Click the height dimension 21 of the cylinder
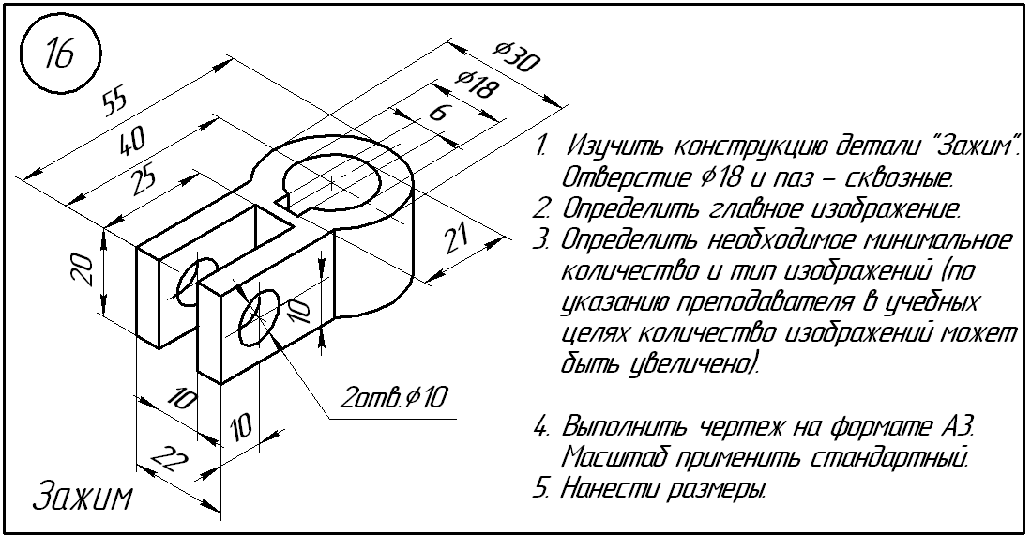tap(455, 241)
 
